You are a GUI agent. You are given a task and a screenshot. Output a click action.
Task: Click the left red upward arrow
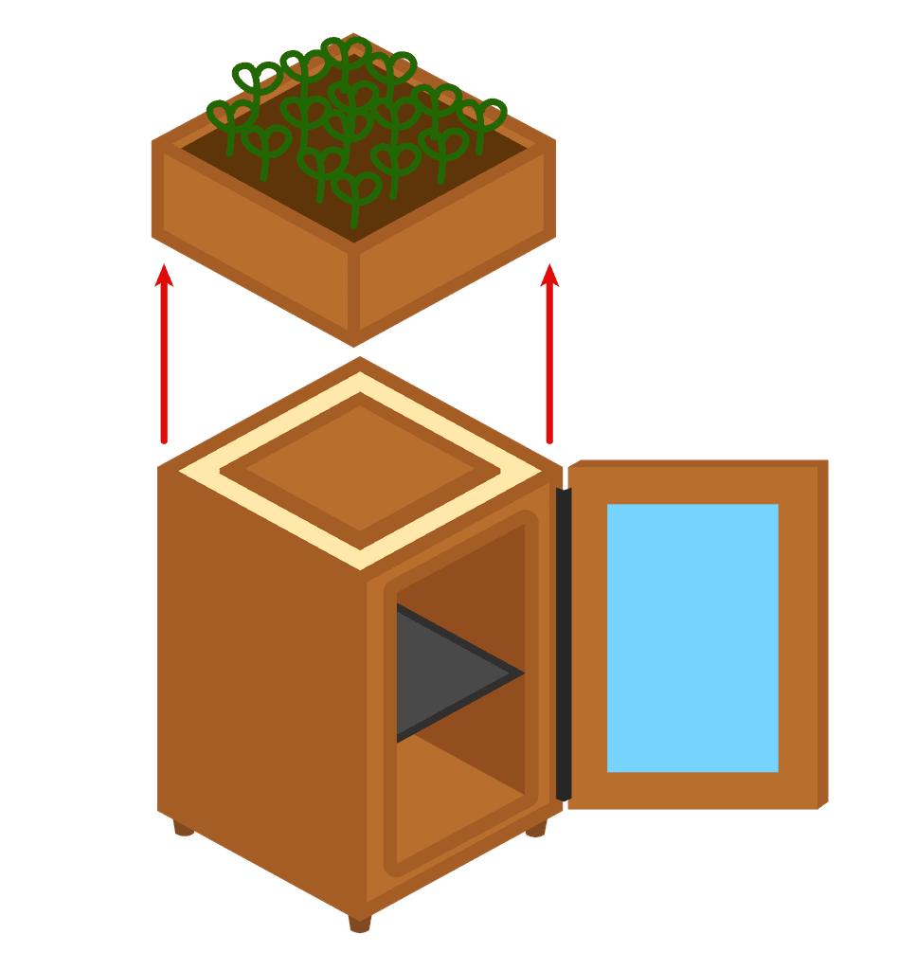(164, 360)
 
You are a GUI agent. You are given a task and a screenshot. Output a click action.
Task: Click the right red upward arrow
(549, 360)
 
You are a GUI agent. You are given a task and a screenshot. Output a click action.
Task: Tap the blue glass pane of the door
(692, 638)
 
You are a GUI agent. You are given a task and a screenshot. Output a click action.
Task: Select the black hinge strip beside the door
(564, 644)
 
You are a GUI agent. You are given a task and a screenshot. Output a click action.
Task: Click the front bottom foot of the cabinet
(360, 923)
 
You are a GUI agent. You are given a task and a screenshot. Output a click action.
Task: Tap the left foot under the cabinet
(183, 830)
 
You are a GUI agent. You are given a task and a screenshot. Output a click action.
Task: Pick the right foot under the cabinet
(536, 830)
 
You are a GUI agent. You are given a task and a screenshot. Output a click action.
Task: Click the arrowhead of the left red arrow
(164, 276)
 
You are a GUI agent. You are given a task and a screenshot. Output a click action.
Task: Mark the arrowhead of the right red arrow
(549, 276)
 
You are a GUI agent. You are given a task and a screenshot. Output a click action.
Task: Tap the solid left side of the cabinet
(260, 682)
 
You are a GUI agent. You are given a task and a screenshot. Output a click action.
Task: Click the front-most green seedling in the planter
(356, 194)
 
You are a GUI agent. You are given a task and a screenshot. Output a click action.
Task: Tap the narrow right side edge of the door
(822, 635)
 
